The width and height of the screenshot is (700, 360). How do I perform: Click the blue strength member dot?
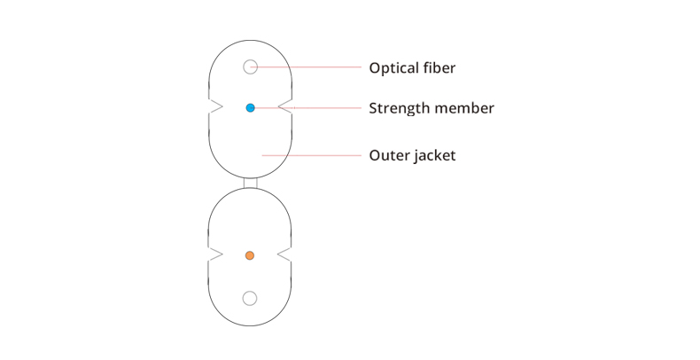(x=251, y=107)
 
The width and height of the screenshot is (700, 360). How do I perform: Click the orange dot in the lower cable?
(x=250, y=255)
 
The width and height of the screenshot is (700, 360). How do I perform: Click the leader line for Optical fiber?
(x=307, y=67)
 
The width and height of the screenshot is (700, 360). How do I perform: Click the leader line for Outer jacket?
(x=312, y=155)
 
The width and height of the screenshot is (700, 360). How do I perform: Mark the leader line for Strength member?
(x=307, y=107)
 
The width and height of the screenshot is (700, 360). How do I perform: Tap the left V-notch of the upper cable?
(x=215, y=106)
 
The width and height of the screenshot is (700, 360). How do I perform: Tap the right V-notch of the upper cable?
(x=285, y=106)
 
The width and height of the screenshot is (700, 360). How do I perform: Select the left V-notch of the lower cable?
(x=215, y=254)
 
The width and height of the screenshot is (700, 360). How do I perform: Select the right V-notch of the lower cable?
(x=284, y=254)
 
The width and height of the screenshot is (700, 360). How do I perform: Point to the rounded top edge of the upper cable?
(x=251, y=40)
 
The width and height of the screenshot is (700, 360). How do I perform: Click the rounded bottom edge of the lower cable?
(x=250, y=325)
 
